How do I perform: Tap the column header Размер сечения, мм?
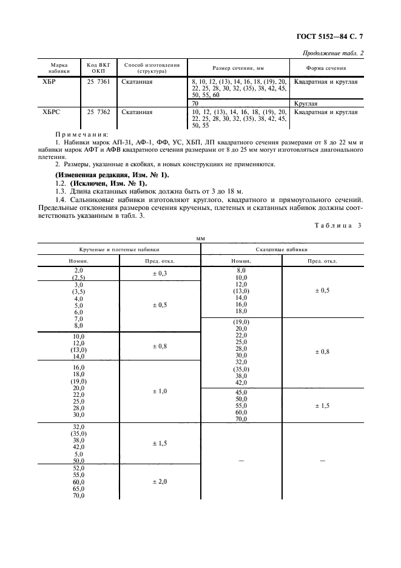(238, 67)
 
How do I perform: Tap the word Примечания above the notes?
(83, 134)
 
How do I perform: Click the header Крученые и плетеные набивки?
(119, 249)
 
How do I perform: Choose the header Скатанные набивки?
(281, 249)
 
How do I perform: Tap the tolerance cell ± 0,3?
(159, 274)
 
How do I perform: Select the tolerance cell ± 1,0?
(159, 391)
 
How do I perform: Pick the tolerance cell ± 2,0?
(159, 481)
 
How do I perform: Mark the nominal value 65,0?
(79, 488)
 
